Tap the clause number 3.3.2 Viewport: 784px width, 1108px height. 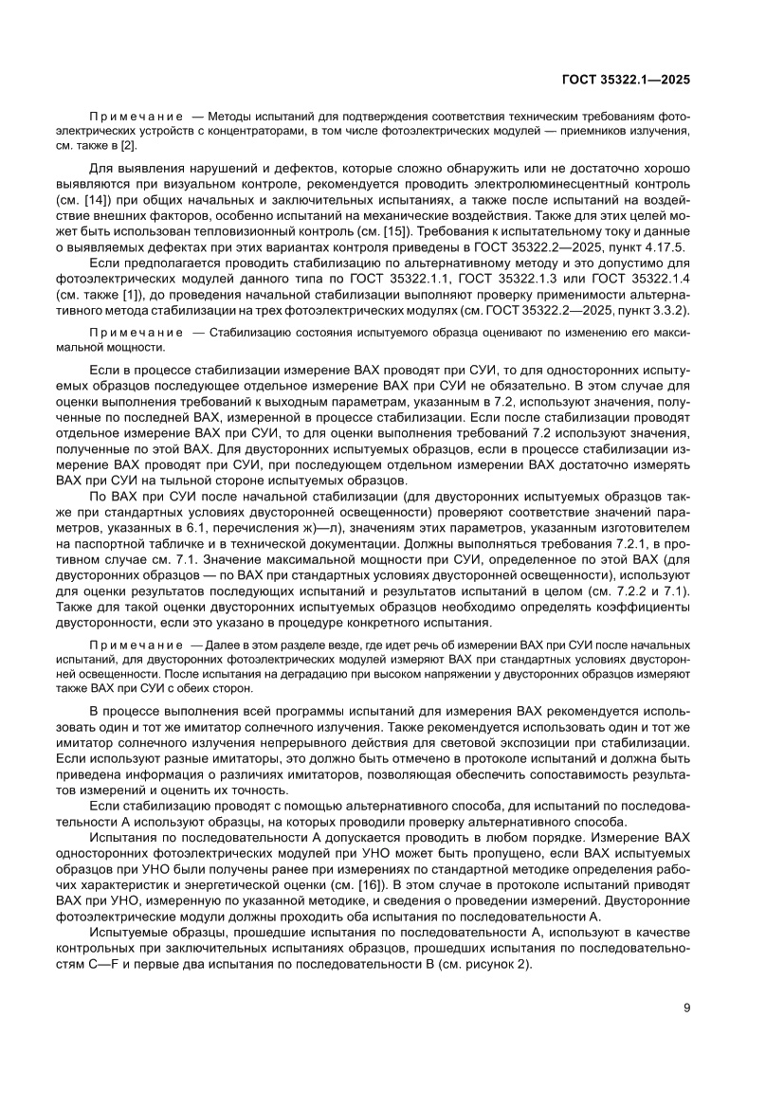[x=669, y=310]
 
